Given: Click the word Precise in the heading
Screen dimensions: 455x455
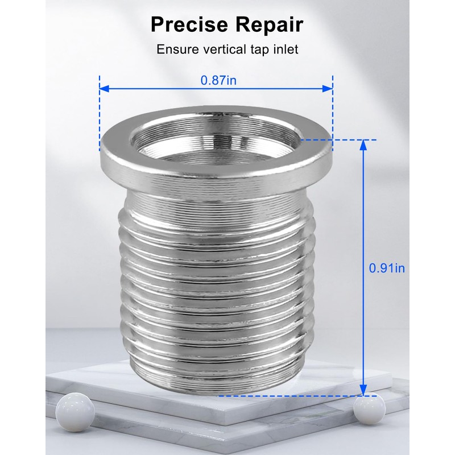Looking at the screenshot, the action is click(x=189, y=24).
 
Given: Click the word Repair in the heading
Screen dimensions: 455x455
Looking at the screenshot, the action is click(x=269, y=25).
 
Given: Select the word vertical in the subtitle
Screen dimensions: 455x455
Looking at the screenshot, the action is click(x=225, y=49).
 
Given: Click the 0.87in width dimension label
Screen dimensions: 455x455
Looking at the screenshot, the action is click(x=218, y=80).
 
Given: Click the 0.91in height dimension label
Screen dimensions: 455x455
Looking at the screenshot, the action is click(x=387, y=268).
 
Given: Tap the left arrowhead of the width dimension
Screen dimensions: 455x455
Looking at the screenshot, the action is click(x=104, y=89).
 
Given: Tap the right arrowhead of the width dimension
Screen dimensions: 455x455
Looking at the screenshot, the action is click(x=328, y=89).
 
